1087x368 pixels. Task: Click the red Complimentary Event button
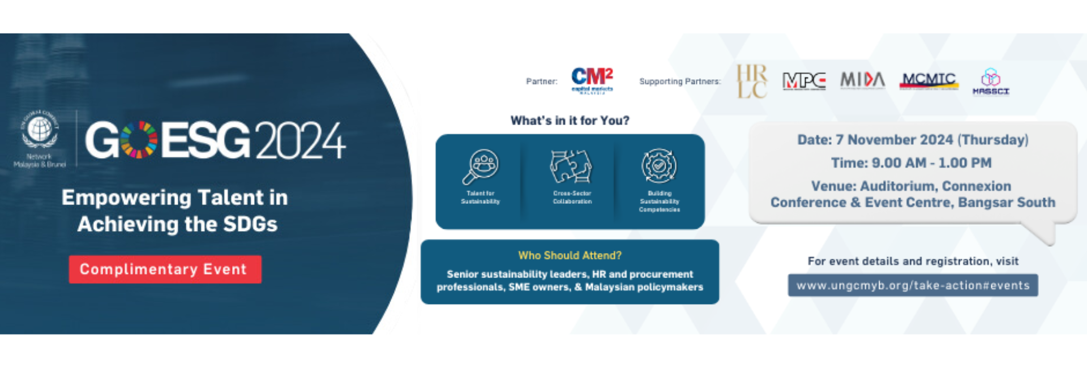click(x=165, y=269)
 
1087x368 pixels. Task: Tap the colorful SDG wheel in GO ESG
click(x=139, y=140)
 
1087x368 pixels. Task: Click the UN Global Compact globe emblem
click(x=40, y=130)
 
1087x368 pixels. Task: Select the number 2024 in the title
click(x=300, y=140)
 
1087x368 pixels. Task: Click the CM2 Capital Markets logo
click(x=592, y=79)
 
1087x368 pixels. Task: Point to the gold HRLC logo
click(x=751, y=81)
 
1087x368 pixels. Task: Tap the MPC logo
click(x=803, y=81)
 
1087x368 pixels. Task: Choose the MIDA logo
click(x=862, y=80)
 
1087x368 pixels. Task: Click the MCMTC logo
click(x=929, y=80)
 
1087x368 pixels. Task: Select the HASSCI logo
click(x=990, y=81)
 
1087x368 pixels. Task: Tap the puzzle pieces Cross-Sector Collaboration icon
click(x=571, y=166)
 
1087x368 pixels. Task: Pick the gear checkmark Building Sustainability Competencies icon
click(x=658, y=166)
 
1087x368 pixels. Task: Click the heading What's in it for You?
click(x=570, y=121)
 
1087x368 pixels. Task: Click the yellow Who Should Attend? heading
click(x=570, y=255)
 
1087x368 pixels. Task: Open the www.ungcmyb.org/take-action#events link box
click(x=913, y=285)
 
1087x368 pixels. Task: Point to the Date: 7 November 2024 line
click(x=913, y=140)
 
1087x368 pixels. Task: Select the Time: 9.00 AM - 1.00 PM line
click(x=911, y=163)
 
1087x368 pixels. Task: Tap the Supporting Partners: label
click(x=680, y=82)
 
